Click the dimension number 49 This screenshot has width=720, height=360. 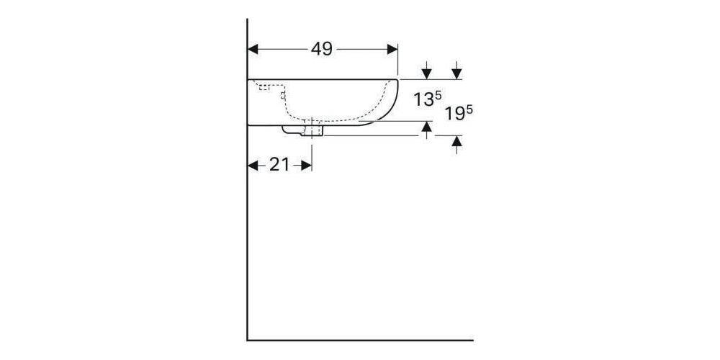[322, 49]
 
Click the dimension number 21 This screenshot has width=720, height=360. [279, 165]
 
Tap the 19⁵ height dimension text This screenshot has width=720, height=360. [457, 114]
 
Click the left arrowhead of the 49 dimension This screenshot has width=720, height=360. [253, 49]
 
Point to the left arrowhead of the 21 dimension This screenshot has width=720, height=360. [253, 165]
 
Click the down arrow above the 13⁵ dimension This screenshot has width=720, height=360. [426, 73]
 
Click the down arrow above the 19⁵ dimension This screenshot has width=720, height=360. [457, 73]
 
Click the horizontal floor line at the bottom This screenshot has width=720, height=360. [360, 340]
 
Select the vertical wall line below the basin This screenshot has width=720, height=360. [247, 238]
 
